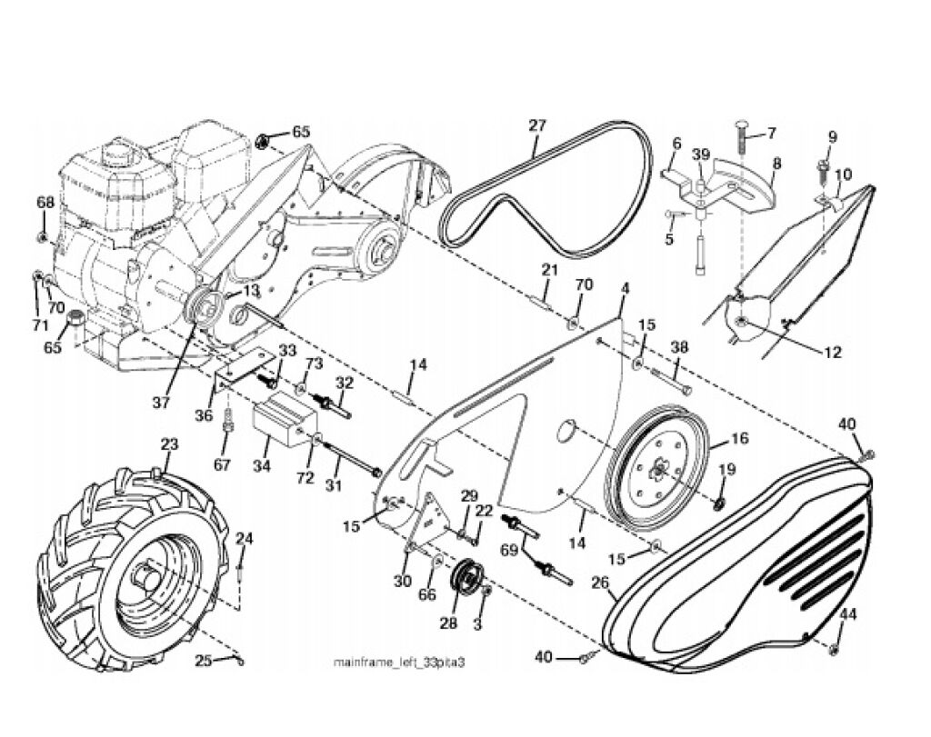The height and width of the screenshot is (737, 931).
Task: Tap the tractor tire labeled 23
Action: (134, 570)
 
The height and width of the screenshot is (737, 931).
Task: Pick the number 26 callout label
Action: (600, 583)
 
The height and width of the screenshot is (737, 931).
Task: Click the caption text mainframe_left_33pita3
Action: (398, 662)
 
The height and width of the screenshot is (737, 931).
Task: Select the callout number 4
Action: (625, 289)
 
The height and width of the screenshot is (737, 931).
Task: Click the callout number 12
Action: (833, 353)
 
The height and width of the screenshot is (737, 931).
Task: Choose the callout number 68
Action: (45, 203)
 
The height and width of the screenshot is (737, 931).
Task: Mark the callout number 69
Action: (509, 550)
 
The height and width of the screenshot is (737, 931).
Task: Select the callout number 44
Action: (848, 615)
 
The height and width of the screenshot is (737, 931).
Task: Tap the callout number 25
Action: (204, 660)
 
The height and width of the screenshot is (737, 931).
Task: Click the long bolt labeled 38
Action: (672, 380)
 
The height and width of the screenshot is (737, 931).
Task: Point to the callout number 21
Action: (550, 270)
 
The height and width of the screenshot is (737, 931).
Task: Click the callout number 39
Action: (701, 154)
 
